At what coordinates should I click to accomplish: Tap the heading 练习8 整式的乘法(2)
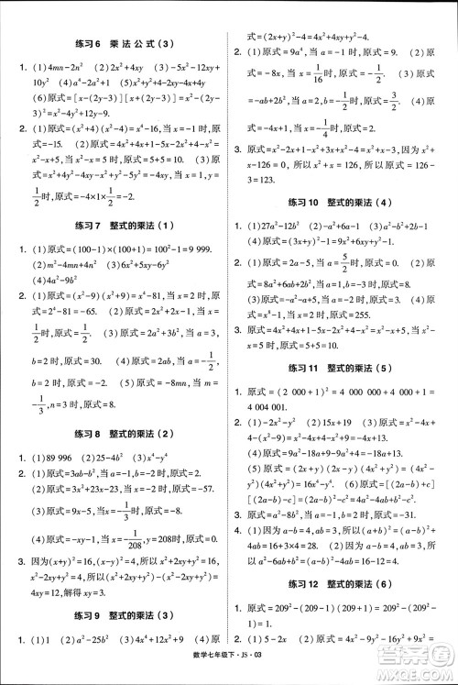[115, 434]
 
